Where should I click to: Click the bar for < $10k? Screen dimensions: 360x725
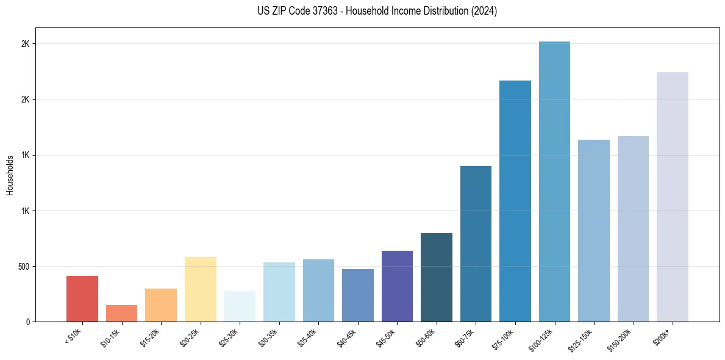(82, 298)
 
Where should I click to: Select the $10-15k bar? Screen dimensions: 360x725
(121, 313)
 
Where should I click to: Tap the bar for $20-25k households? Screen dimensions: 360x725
(201, 289)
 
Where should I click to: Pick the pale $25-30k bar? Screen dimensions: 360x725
(240, 306)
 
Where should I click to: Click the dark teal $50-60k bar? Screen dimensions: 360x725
(437, 277)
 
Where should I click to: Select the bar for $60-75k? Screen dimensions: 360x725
(476, 243)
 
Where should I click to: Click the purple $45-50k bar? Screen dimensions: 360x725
(397, 286)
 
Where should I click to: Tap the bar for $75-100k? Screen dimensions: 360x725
(515, 201)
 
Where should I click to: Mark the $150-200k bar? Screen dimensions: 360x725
(633, 229)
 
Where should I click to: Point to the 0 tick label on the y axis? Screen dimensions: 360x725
(27, 322)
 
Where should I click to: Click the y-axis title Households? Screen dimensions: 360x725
(10, 175)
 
